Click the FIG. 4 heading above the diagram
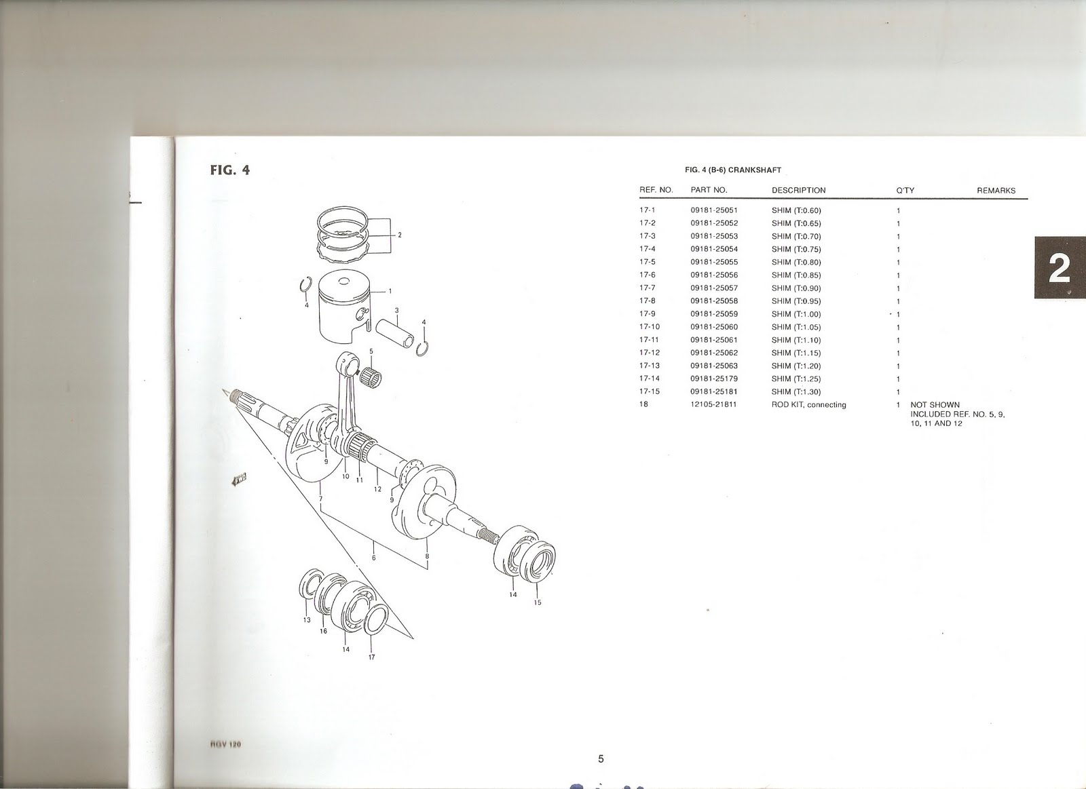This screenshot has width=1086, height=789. coord(230,170)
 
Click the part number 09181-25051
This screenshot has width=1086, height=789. coord(713,210)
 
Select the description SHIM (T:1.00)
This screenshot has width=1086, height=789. coord(796,314)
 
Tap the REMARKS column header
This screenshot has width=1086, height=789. coord(996,191)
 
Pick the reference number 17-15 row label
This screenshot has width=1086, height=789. coord(648,391)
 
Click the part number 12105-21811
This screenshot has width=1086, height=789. coord(713,404)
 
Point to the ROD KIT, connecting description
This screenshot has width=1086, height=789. coord(808,405)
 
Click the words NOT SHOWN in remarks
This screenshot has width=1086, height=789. coord(935,405)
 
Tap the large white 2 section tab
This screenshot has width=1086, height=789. coord(1060,269)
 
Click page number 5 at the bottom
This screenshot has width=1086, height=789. coord(601,759)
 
